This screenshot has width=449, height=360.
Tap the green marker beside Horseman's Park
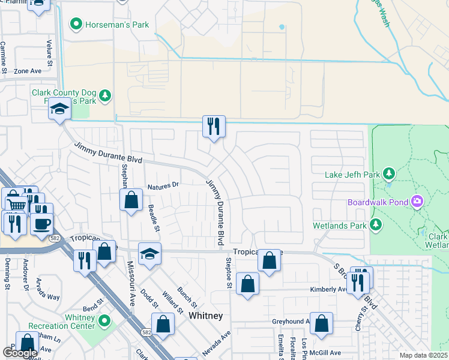(x=76, y=25)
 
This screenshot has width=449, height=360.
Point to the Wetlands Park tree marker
(x=376, y=226)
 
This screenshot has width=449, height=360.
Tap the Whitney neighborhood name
(x=206, y=315)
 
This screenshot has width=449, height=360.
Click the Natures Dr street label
(x=163, y=185)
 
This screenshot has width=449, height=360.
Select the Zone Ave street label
(x=28, y=71)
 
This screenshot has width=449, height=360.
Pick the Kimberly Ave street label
(x=328, y=289)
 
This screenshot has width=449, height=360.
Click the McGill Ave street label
(x=325, y=353)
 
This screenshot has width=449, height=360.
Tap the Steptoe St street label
(x=229, y=273)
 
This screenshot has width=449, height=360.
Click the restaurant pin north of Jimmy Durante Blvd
(x=214, y=126)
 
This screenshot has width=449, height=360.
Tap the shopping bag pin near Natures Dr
(x=131, y=200)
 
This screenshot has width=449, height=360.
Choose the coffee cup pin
(x=41, y=223)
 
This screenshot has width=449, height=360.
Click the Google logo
(x=20, y=353)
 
